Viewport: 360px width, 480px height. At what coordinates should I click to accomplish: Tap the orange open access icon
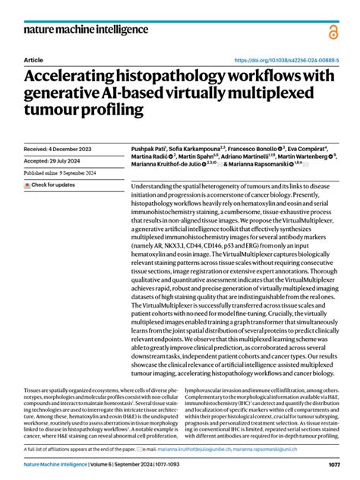[x=332, y=31]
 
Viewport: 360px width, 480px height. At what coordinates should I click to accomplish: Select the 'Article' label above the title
[x=33, y=60]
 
